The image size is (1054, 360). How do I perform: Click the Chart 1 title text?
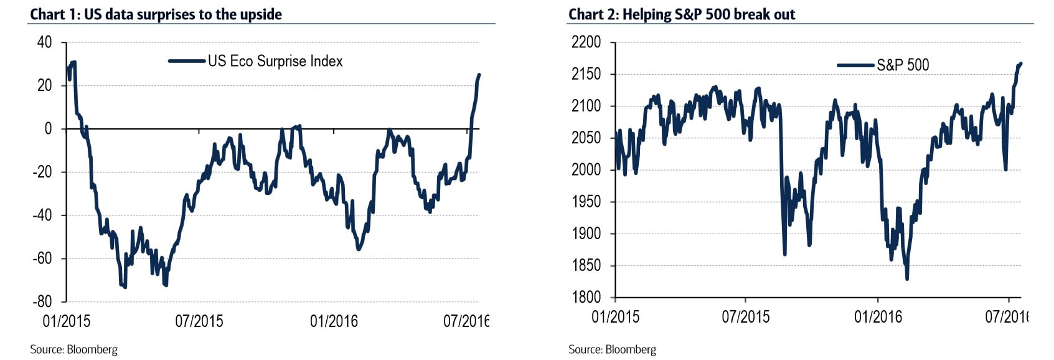(156, 14)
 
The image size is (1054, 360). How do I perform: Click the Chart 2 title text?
(682, 14)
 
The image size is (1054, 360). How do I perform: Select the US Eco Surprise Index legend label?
(275, 61)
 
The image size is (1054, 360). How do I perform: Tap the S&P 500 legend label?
(903, 65)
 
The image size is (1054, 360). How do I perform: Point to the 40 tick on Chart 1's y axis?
(45, 42)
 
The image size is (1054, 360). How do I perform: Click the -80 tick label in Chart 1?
(42, 301)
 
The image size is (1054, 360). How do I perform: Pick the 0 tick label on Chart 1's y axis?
(49, 129)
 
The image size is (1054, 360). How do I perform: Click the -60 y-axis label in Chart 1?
(42, 258)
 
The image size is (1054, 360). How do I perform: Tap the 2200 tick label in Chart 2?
(586, 42)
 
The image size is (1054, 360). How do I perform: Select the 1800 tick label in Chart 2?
(586, 297)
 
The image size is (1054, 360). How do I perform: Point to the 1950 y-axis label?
(586, 202)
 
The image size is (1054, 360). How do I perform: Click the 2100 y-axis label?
(586, 106)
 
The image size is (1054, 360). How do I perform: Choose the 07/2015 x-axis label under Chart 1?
(199, 321)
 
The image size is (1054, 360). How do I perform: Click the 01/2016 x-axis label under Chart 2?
(878, 316)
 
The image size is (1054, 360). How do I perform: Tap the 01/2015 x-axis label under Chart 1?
(66, 321)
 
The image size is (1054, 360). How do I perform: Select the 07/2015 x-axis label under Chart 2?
(745, 316)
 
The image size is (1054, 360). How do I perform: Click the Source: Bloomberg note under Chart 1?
(73, 349)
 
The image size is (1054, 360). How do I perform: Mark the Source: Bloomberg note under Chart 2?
(612, 349)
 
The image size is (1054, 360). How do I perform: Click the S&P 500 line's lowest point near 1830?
(907, 278)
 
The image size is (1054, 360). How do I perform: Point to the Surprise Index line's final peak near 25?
(479, 75)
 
